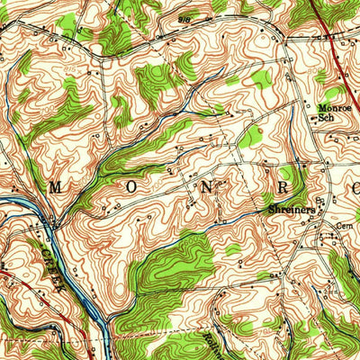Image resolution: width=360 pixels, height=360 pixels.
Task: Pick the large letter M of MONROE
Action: [x=54, y=187]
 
